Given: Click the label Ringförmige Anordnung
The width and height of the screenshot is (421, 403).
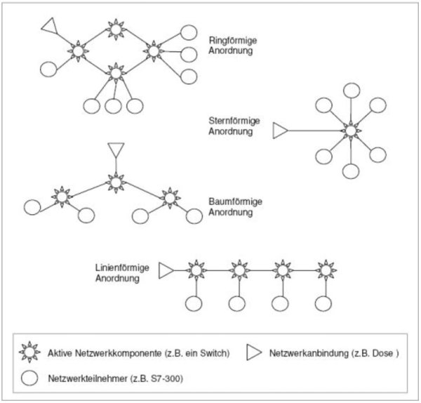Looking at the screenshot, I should [231, 46].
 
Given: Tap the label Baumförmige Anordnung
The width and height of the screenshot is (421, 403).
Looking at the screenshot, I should [235, 207].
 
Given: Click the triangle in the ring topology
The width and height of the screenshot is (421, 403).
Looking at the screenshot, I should [48, 26].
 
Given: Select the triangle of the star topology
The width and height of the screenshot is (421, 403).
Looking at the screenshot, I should [280, 131].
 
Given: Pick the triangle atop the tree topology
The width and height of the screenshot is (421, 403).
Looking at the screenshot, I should [116, 151].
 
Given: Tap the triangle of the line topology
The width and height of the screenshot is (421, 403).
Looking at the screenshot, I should [166, 270].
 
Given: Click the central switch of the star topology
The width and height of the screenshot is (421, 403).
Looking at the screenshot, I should [349, 131].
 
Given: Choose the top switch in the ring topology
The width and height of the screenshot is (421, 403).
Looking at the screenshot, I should [116, 29].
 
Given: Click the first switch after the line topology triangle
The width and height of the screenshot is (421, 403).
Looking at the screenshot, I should [195, 270].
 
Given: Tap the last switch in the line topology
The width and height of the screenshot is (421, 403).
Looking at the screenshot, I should [324, 270].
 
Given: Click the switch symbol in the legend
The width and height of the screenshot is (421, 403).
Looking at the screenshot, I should [30, 354].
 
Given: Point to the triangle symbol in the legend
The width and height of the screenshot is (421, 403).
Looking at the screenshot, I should [255, 354].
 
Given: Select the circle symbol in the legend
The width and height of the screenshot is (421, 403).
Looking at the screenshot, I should [30, 378].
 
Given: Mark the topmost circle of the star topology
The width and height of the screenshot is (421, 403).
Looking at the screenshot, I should [349, 89].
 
